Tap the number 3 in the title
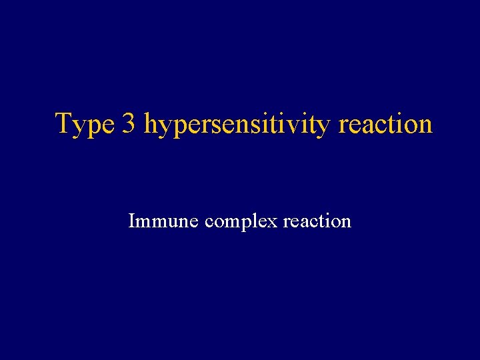point(129,124)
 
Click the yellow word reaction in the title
point(386,125)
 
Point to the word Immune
point(163,221)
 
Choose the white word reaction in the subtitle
point(317,221)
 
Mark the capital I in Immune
point(131,221)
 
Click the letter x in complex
point(273,222)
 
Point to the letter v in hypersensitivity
point(304,126)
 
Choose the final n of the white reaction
point(345,222)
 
